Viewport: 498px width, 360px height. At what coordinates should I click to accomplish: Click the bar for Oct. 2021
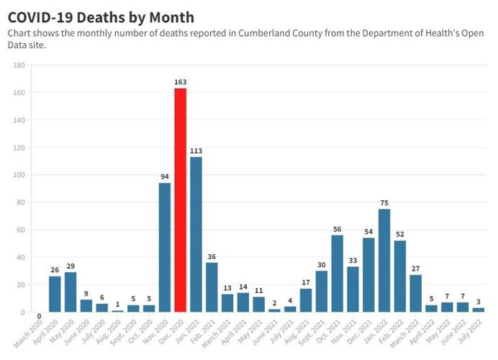pos(337,274)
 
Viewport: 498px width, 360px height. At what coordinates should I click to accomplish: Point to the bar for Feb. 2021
pos(212,287)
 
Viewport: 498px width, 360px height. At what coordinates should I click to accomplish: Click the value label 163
pos(180,83)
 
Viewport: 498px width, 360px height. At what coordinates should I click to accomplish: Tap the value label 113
pos(196,151)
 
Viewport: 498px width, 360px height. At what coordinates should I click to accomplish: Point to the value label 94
pos(165,177)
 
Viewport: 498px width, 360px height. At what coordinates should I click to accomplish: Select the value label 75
pos(384,203)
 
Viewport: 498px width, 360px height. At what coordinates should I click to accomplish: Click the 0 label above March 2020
pos(39,315)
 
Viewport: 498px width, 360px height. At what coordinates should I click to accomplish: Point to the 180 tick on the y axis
pos(19,66)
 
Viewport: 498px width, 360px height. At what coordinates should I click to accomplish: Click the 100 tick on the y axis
pos(19,175)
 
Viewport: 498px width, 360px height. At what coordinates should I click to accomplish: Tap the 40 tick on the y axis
pos(21,257)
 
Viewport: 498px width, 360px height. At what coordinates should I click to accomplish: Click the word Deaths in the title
pos(100,17)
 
